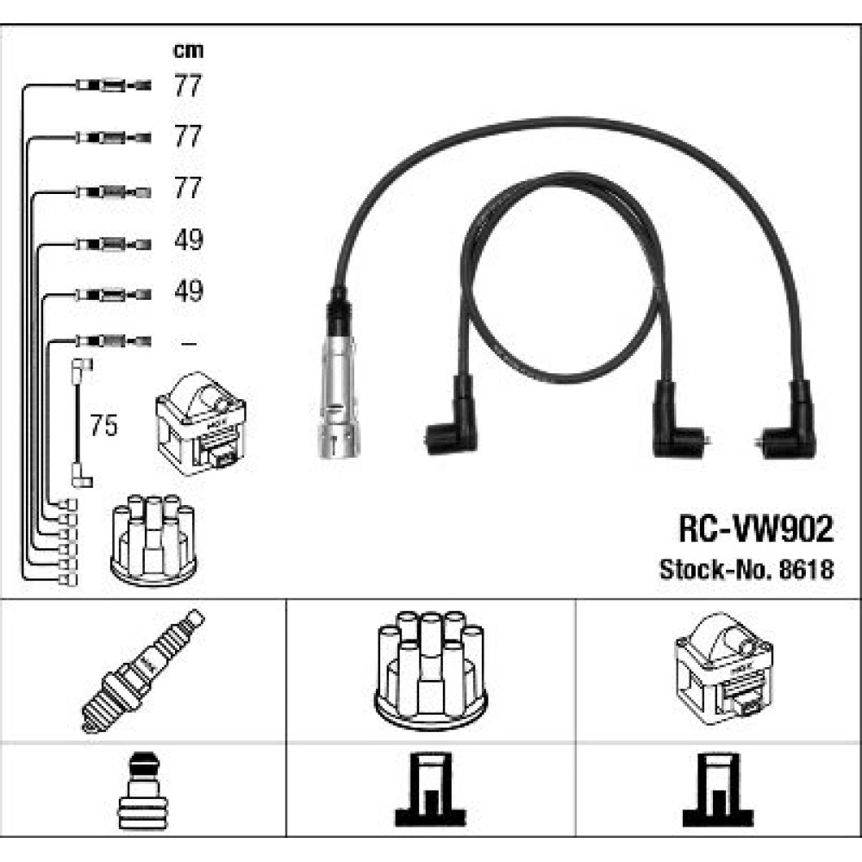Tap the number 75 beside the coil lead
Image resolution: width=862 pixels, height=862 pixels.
(x=103, y=427)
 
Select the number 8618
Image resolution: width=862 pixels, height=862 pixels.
(x=808, y=570)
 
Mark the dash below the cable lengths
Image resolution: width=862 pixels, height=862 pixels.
(x=188, y=343)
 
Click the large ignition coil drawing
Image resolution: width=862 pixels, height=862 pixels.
(x=721, y=668)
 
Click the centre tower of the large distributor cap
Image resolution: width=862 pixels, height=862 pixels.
(x=429, y=664)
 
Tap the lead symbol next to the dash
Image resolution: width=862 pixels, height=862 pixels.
(x=112, y=342)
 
